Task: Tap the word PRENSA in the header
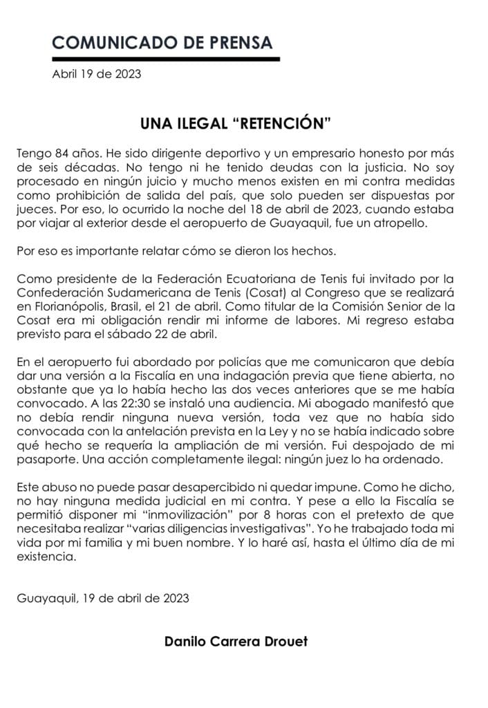pyautogui.click(x=238, y=42)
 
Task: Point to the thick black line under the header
pyautogui.click(x=166, y=59)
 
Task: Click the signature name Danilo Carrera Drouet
pyautogui.click(x=236, y=641)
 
